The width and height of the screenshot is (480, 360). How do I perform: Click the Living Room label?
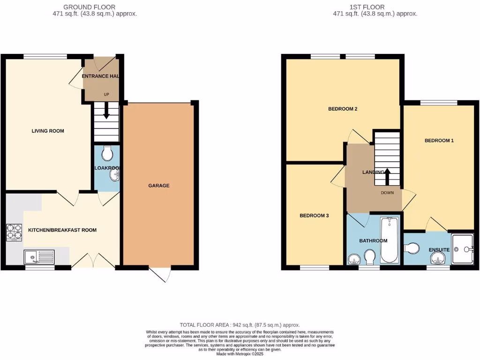click(x=48, y=131)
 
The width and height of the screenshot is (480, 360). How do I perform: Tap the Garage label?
click(x=159, y=186)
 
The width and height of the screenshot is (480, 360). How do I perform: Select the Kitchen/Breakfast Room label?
click(x=62, y=230)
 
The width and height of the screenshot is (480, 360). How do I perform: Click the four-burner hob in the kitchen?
click(x=14, y=232)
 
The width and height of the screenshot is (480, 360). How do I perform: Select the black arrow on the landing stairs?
click(x=388, y=176)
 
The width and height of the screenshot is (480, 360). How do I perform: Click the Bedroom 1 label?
click(x=439, y=141)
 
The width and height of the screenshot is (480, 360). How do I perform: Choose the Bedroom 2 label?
click(x=343, y=109)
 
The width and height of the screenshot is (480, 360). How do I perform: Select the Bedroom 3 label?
click(x=314, y=216)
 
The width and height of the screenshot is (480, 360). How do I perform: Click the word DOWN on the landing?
click(x=387, y=193)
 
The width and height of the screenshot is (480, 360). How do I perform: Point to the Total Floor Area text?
click(x=240, y=325)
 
